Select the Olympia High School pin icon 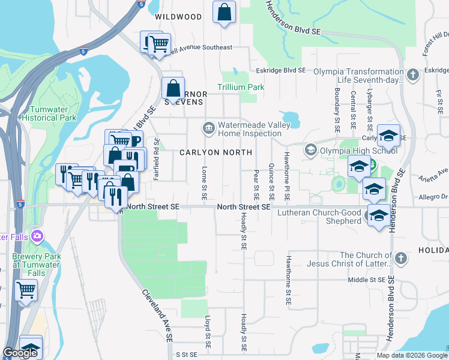tap(310, 149)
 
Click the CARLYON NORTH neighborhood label tap(215, 152)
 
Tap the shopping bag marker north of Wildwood tap(224, 12)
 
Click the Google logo tap(20, 353)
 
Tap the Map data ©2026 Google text tap(411, 355)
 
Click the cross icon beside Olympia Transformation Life tap(412, 75)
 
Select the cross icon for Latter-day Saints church tap(400, 259)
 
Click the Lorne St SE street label tap(205, 182)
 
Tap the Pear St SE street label tap(256, 184)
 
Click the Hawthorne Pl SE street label tap(287, 184)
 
